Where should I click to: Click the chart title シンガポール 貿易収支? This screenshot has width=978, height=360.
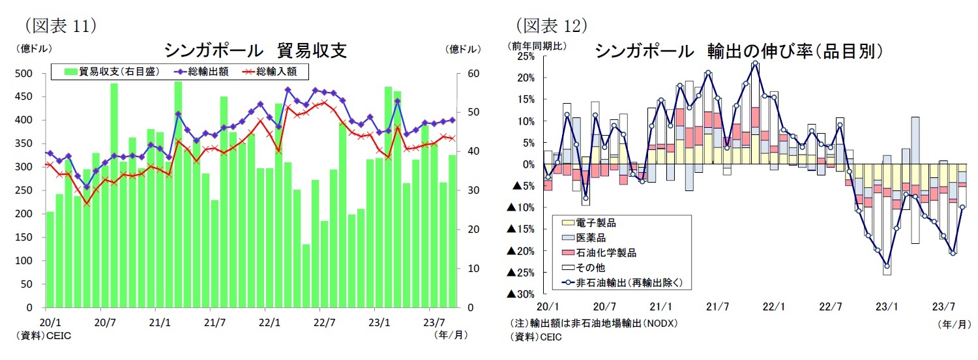254,50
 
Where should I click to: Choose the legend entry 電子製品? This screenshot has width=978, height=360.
600,223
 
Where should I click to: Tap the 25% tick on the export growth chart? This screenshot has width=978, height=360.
525,56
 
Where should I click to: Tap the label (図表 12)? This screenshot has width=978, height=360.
552,25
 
